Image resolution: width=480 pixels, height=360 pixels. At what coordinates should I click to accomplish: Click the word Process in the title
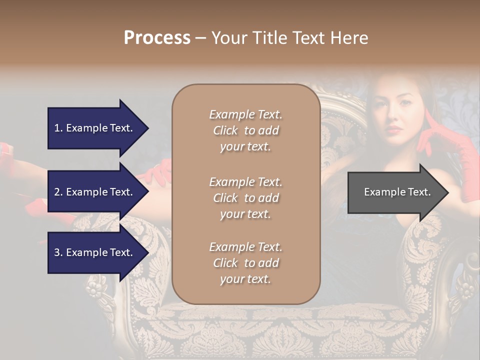click(x=157, y=38)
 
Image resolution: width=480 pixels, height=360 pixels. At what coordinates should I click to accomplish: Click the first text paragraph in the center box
click(x=245, y=130)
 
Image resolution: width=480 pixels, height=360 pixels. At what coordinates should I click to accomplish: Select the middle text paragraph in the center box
click(x=245, y=197)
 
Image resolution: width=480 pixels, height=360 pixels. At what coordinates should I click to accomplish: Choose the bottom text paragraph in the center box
click(x=245, y=263)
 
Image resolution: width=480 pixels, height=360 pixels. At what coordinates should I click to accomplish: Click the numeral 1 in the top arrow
click(x=56, y=128)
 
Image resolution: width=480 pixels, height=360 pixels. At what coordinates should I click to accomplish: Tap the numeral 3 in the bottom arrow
click(x=57, y=252)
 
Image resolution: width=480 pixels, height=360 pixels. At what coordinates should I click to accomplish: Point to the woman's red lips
click(x=394, y=130)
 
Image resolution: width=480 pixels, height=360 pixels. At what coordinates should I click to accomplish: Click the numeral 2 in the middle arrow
click(x=57, y=192)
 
